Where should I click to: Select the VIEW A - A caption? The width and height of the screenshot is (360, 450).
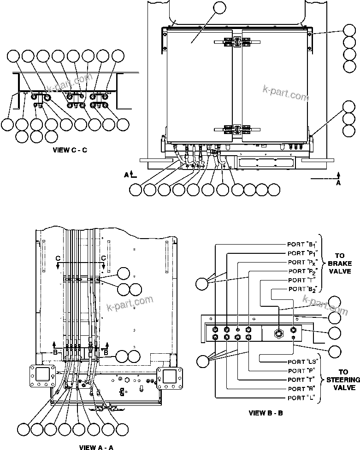coord(96,447)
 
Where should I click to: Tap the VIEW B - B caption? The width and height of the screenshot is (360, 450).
coord(266,413)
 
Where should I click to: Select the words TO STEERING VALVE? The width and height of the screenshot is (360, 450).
coord(342,380)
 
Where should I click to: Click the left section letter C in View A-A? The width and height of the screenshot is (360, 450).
coord(58,257)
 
